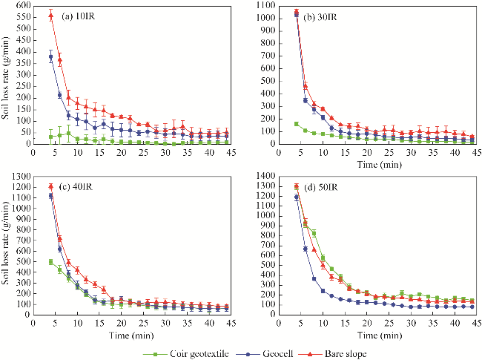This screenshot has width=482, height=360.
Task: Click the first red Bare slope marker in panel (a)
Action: tap(50, 16)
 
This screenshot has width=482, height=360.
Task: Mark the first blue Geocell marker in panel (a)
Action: tap(50, 57)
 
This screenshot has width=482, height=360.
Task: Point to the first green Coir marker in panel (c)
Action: tap(50, 261)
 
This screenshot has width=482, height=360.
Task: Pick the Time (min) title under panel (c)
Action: tap(132, 333)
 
